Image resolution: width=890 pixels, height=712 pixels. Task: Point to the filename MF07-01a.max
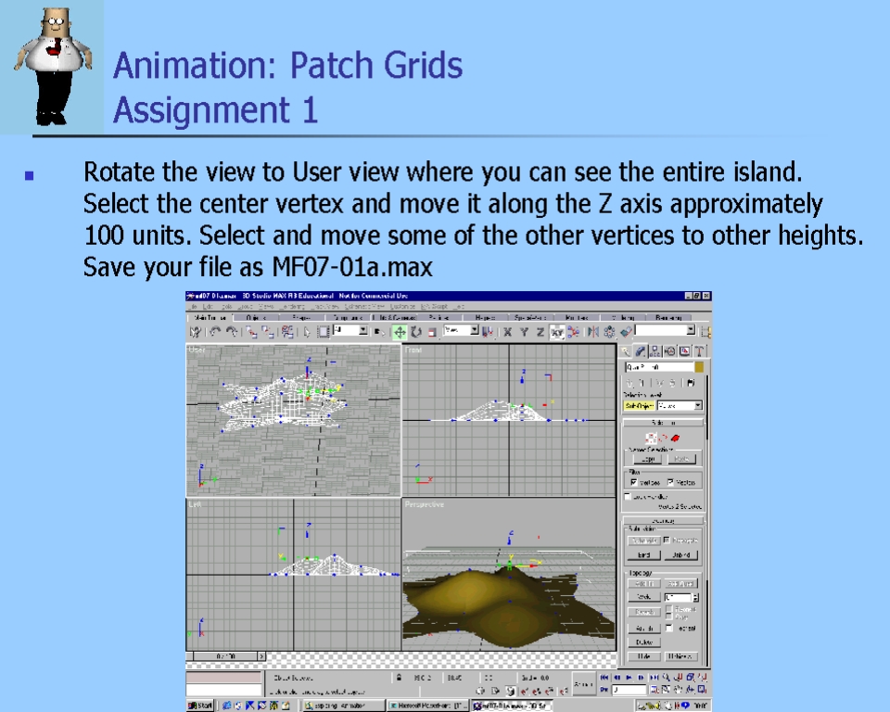(352, 268)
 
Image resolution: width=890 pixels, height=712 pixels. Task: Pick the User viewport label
(197, 350)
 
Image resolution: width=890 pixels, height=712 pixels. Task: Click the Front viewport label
(413, 350)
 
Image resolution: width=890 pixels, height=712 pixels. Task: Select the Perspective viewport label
(424, 505)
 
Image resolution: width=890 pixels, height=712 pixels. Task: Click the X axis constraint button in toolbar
(507, 331)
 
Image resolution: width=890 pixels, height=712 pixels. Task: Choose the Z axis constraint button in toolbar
(540, 331)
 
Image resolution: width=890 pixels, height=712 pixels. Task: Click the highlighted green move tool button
(400, 331)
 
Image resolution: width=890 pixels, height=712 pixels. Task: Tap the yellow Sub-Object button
(639, 406)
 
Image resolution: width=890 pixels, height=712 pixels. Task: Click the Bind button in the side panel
(642, 555)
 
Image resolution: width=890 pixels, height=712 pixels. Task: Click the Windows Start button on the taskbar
(201, 706)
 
